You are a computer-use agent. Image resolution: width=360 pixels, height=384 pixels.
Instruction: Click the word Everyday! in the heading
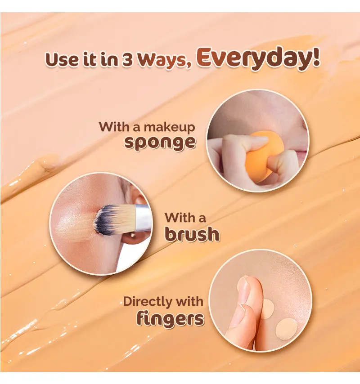coord(258,58)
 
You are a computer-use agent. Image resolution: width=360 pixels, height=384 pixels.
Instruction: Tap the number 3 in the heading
coord(127,60)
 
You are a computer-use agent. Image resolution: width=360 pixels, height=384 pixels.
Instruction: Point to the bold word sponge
coord(160,143)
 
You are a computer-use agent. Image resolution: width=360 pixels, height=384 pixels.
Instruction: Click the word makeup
coord(169,128)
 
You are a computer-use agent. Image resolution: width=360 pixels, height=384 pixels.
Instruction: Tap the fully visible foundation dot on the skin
coord(287,329)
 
